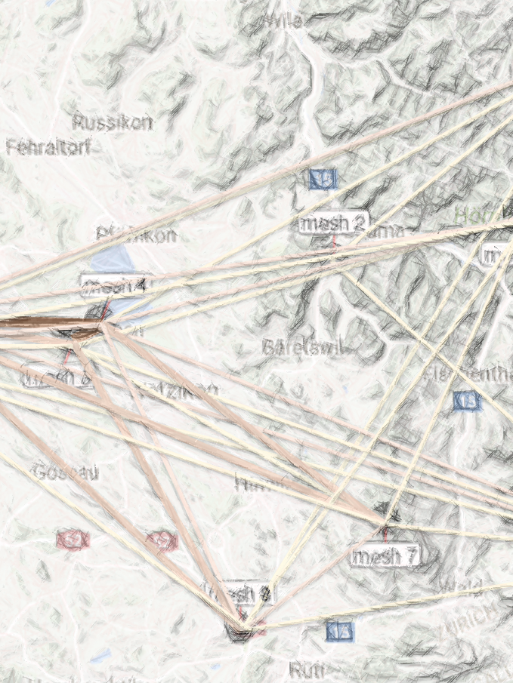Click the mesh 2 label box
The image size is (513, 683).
click(x=333, y=223)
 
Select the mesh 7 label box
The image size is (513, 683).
click(x=385, y=556)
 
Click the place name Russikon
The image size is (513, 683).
click(x=113, y=122)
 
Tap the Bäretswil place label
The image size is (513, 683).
click(x=301, y=347)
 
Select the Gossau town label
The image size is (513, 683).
click(x=66, y=472)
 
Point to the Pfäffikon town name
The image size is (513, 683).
click(x=136, y=235)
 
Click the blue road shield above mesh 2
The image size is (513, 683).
click(x=323, y=179)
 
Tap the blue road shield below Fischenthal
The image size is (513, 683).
click(x=468, y=401)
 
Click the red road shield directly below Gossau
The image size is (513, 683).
click(x=73, y=539)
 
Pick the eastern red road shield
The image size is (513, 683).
click(x=161, y=540)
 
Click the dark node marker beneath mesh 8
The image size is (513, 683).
click(x=240, y=629)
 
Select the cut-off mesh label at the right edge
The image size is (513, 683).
click(x=499, y=256)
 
